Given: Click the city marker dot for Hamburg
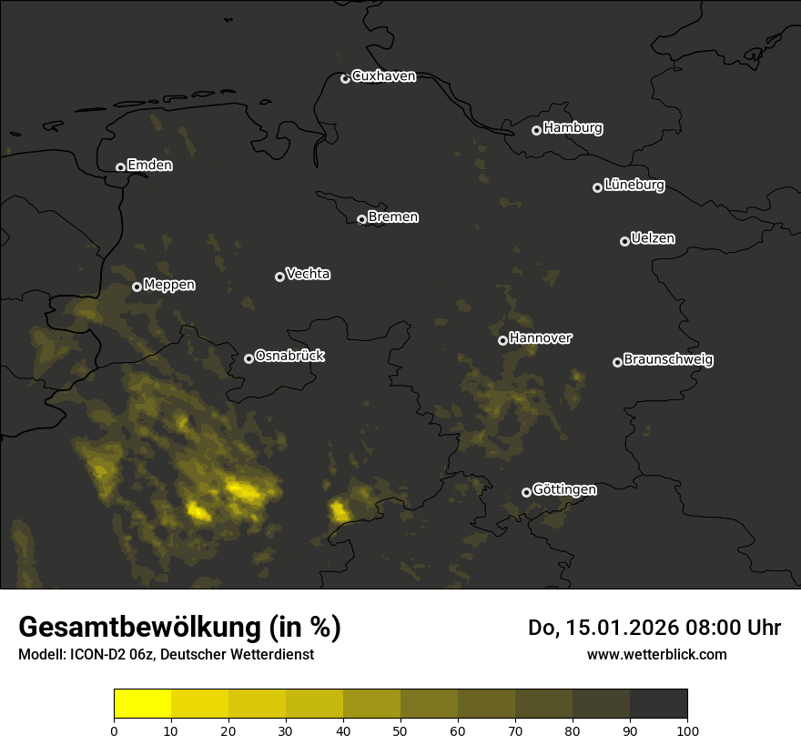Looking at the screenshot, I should pos(537,130).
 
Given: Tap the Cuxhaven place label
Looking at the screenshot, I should pos(383,76).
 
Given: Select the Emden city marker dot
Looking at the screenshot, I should pos(120,167).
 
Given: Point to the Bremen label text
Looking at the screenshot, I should pos(393,217).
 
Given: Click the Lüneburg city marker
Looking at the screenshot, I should pos(597,187).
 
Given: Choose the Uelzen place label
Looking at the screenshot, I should pos(653,238).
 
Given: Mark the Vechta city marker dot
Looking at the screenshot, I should pos(279,277).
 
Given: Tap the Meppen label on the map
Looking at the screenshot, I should pos(169,285).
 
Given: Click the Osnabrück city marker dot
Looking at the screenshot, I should pos(248,358).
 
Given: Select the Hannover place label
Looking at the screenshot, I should pos(541,338).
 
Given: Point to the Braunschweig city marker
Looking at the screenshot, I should pos(617,362).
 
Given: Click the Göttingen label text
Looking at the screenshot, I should pos(564,490).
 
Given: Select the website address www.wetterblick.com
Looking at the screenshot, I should pos(656,654).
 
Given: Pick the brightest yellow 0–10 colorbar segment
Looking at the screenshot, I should pos(142,703).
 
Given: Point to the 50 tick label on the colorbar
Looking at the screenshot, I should pos(400,730).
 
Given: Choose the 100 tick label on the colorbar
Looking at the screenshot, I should pos(687,730).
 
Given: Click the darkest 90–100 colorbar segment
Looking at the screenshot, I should pos(658,703).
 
